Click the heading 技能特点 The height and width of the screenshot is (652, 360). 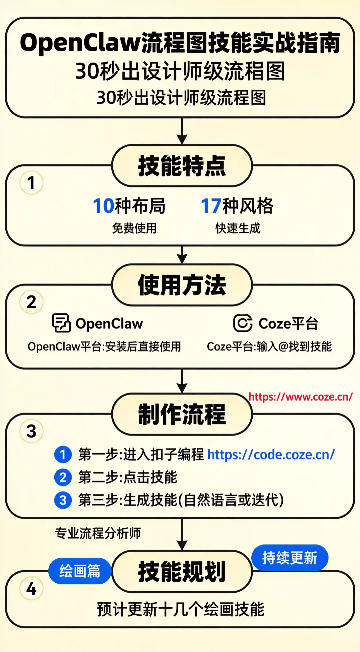point(182,166)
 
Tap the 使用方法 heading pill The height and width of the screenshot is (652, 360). point(182,285)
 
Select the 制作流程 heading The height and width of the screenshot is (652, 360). point(182,414)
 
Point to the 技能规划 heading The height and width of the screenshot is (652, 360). point(182,571)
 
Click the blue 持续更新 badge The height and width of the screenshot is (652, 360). point(290,558)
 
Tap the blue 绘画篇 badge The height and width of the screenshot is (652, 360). point(80,571)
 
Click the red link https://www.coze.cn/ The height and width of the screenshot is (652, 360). point(300,397)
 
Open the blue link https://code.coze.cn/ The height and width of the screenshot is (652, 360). point(271,455)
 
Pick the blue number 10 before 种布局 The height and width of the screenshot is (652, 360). point(103,206)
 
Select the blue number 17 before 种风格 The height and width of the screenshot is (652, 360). point(211,206)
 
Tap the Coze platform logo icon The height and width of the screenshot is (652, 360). point(243,323)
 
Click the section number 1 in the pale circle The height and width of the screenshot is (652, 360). point(31,183)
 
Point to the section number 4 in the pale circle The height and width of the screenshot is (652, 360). point(31,589)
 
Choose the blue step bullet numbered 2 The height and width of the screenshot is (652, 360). point(63,477)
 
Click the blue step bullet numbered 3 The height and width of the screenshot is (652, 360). point(63,500)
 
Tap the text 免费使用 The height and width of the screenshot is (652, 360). point(134,228)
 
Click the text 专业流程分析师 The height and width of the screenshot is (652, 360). point(98,533)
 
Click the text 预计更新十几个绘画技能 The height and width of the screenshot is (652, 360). point(181,609)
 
